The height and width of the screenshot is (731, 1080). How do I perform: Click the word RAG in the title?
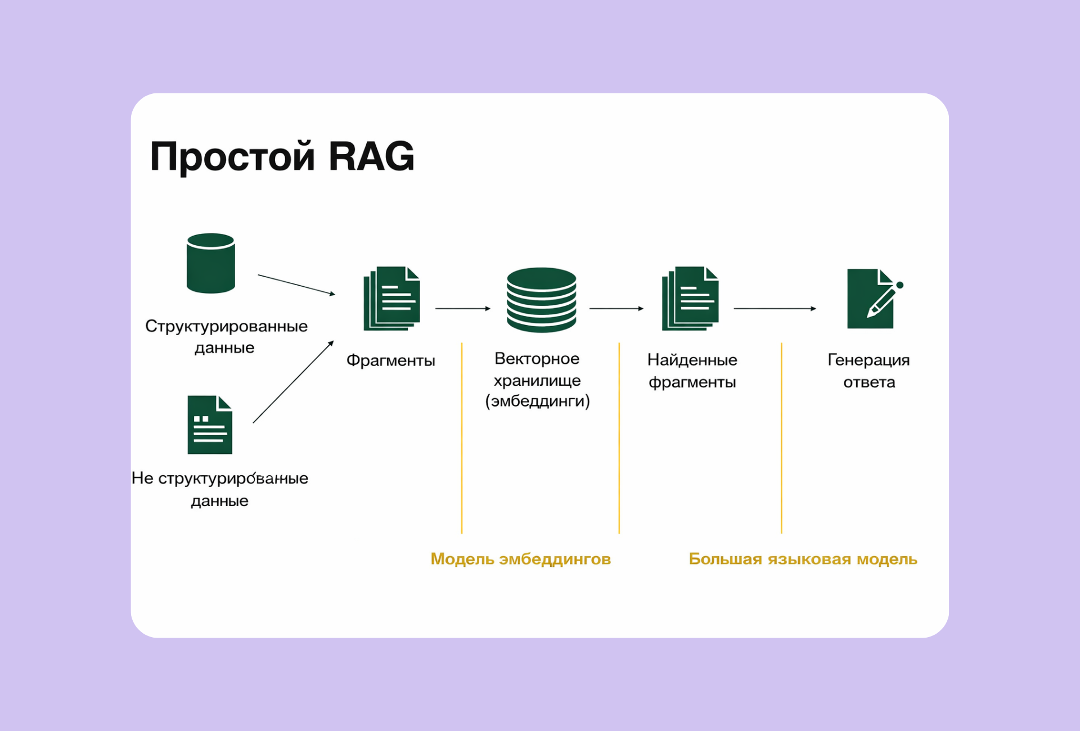(x=371, y=156)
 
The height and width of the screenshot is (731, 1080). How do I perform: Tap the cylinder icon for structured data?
(x=210, y=263)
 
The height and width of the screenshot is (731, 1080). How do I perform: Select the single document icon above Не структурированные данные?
(x=210, y=425)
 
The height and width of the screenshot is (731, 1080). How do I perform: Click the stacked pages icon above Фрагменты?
(x=392, y=299)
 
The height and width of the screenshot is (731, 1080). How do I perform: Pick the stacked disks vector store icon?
(x=541, y=300)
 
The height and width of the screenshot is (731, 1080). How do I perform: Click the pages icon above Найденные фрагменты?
(x=691, y=299)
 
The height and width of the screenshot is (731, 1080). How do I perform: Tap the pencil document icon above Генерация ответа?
(x=872, y=299)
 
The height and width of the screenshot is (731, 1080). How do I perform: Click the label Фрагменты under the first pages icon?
(x=390, y=360)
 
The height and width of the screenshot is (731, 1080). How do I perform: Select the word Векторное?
(x=537, y=359)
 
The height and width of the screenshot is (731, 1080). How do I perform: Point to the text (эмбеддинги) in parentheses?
(x=537, y=401)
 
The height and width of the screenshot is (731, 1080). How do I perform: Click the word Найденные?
(x=692, y=360)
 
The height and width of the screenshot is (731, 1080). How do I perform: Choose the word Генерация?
(x=868, y=360)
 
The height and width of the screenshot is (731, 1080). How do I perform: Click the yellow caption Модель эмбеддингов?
(x=520, y=559)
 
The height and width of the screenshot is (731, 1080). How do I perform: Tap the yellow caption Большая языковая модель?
(x=803, y=559)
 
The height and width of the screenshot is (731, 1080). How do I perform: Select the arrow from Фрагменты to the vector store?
(x=463, y=309)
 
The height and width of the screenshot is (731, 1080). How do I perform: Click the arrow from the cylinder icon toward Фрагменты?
(x=296, y=285)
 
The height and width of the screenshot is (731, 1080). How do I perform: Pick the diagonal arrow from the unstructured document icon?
(x=293, y=382)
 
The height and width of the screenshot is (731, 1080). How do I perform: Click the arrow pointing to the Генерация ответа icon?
(x=775, y=309)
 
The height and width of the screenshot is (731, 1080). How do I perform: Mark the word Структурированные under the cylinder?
(x=226, y=326)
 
